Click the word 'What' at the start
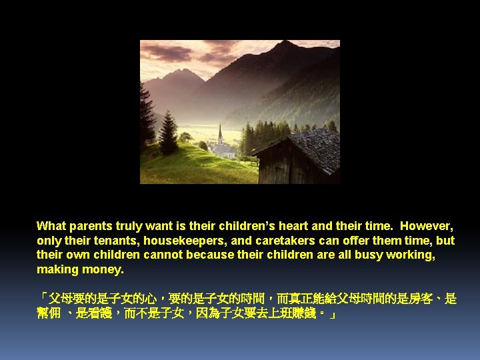tap(51, 226)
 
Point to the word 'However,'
tap(427, 226)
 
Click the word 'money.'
tap(103, 270)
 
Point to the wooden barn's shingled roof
tap(313, 143)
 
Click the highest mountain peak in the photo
tap(285, 45)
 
